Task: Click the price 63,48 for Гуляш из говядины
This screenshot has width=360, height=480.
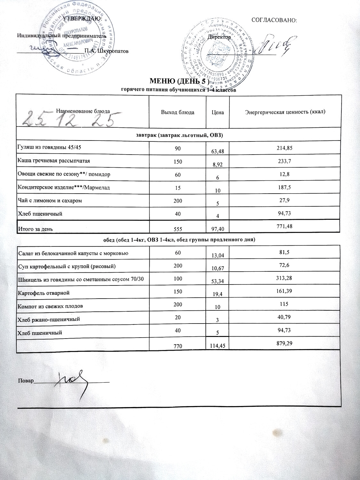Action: [x=218, y=151]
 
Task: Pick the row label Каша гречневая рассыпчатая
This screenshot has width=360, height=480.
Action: [x=53, y=161]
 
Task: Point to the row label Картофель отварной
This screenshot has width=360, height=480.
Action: [x=43, y=293]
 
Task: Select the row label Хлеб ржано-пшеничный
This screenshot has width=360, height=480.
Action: [x=48, y=319]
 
